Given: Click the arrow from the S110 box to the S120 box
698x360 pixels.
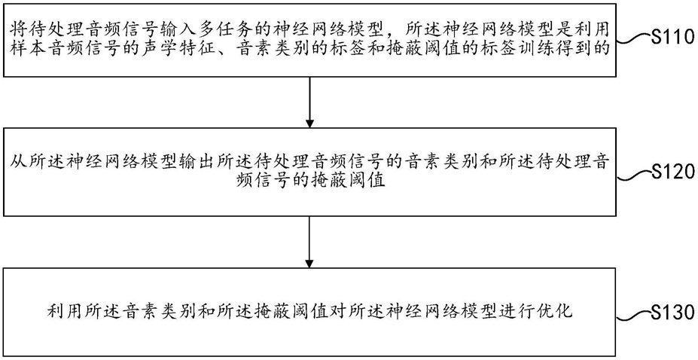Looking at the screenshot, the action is coord(309,102).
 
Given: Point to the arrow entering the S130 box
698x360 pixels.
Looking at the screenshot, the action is coord(309,242).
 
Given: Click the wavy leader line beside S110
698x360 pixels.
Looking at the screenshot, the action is coord(633,40).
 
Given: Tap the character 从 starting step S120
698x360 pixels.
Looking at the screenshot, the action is coord(20,165).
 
